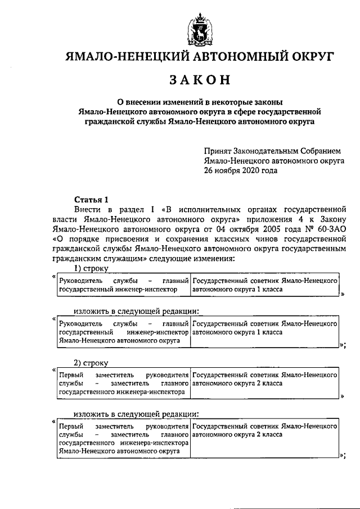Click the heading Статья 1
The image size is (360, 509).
(89, 199)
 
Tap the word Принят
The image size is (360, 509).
(219, 151)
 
